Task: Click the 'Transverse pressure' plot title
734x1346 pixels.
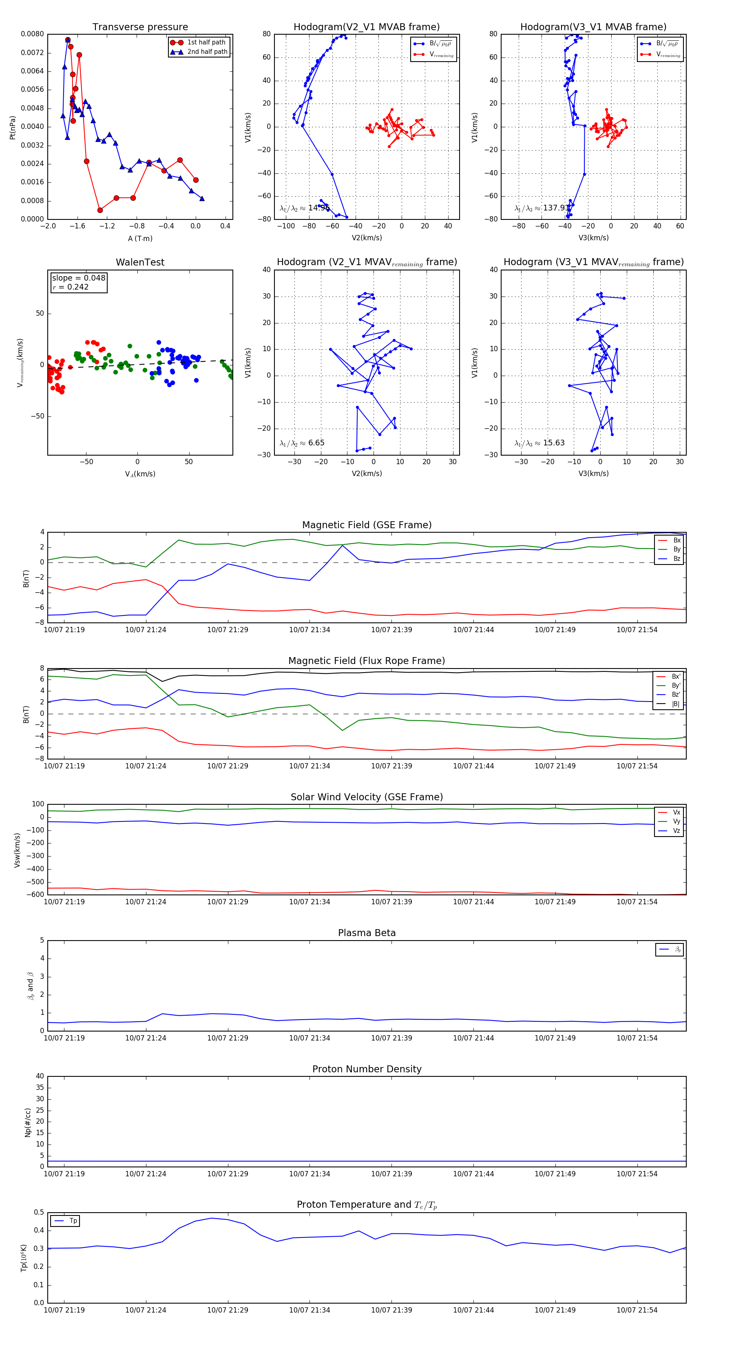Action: (140, 27)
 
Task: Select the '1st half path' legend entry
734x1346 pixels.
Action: (206, 42)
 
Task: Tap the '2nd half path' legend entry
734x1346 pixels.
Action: (207, 52)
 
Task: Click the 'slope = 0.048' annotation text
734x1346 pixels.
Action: (78, 278)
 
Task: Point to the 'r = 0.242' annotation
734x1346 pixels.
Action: (71, 287)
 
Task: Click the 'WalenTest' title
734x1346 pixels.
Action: (140, 262)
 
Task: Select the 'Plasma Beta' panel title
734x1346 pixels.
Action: (367, 933)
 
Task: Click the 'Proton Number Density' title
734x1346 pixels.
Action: (367, 1069)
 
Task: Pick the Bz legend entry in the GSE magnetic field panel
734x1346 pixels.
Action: (677, 558)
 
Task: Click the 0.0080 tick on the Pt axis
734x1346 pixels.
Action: (32, 34)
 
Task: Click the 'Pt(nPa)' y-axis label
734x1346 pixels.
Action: (13, 128)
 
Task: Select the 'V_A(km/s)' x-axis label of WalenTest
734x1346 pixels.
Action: (140, 474)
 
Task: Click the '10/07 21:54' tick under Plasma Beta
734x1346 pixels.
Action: (637, 1038)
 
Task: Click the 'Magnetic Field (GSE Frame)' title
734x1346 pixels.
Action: (367, 525)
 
